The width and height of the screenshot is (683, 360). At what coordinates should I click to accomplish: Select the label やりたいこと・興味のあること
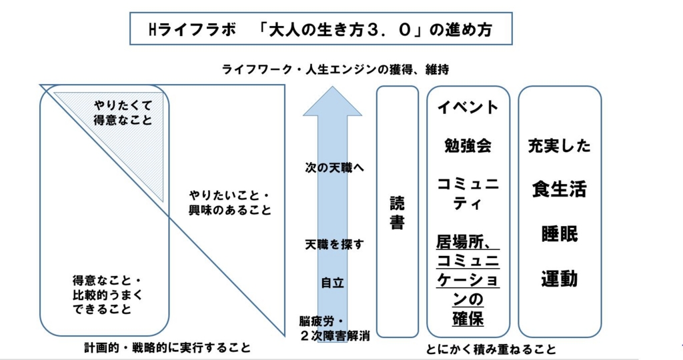point(229,203)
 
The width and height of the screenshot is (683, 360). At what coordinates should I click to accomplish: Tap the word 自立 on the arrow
point(332,282)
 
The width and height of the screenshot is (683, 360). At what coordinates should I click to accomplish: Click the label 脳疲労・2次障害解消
point(333,327)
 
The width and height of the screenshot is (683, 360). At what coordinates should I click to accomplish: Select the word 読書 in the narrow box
point(397,213)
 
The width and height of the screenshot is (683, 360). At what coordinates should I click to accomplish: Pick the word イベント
point(468,107)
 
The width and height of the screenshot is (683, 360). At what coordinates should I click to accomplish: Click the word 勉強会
point(468,146)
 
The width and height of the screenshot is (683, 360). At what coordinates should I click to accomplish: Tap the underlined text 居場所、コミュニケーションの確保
point(468,279)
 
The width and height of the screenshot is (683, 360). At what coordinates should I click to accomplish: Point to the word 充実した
point(559,146)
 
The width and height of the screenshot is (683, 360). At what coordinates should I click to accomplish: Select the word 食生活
point(559,189)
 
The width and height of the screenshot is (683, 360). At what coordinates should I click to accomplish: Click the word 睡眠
point(559,234)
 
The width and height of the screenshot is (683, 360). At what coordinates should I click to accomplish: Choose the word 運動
point(559,279)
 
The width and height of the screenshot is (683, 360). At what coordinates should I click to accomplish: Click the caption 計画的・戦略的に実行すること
point(167,348)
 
